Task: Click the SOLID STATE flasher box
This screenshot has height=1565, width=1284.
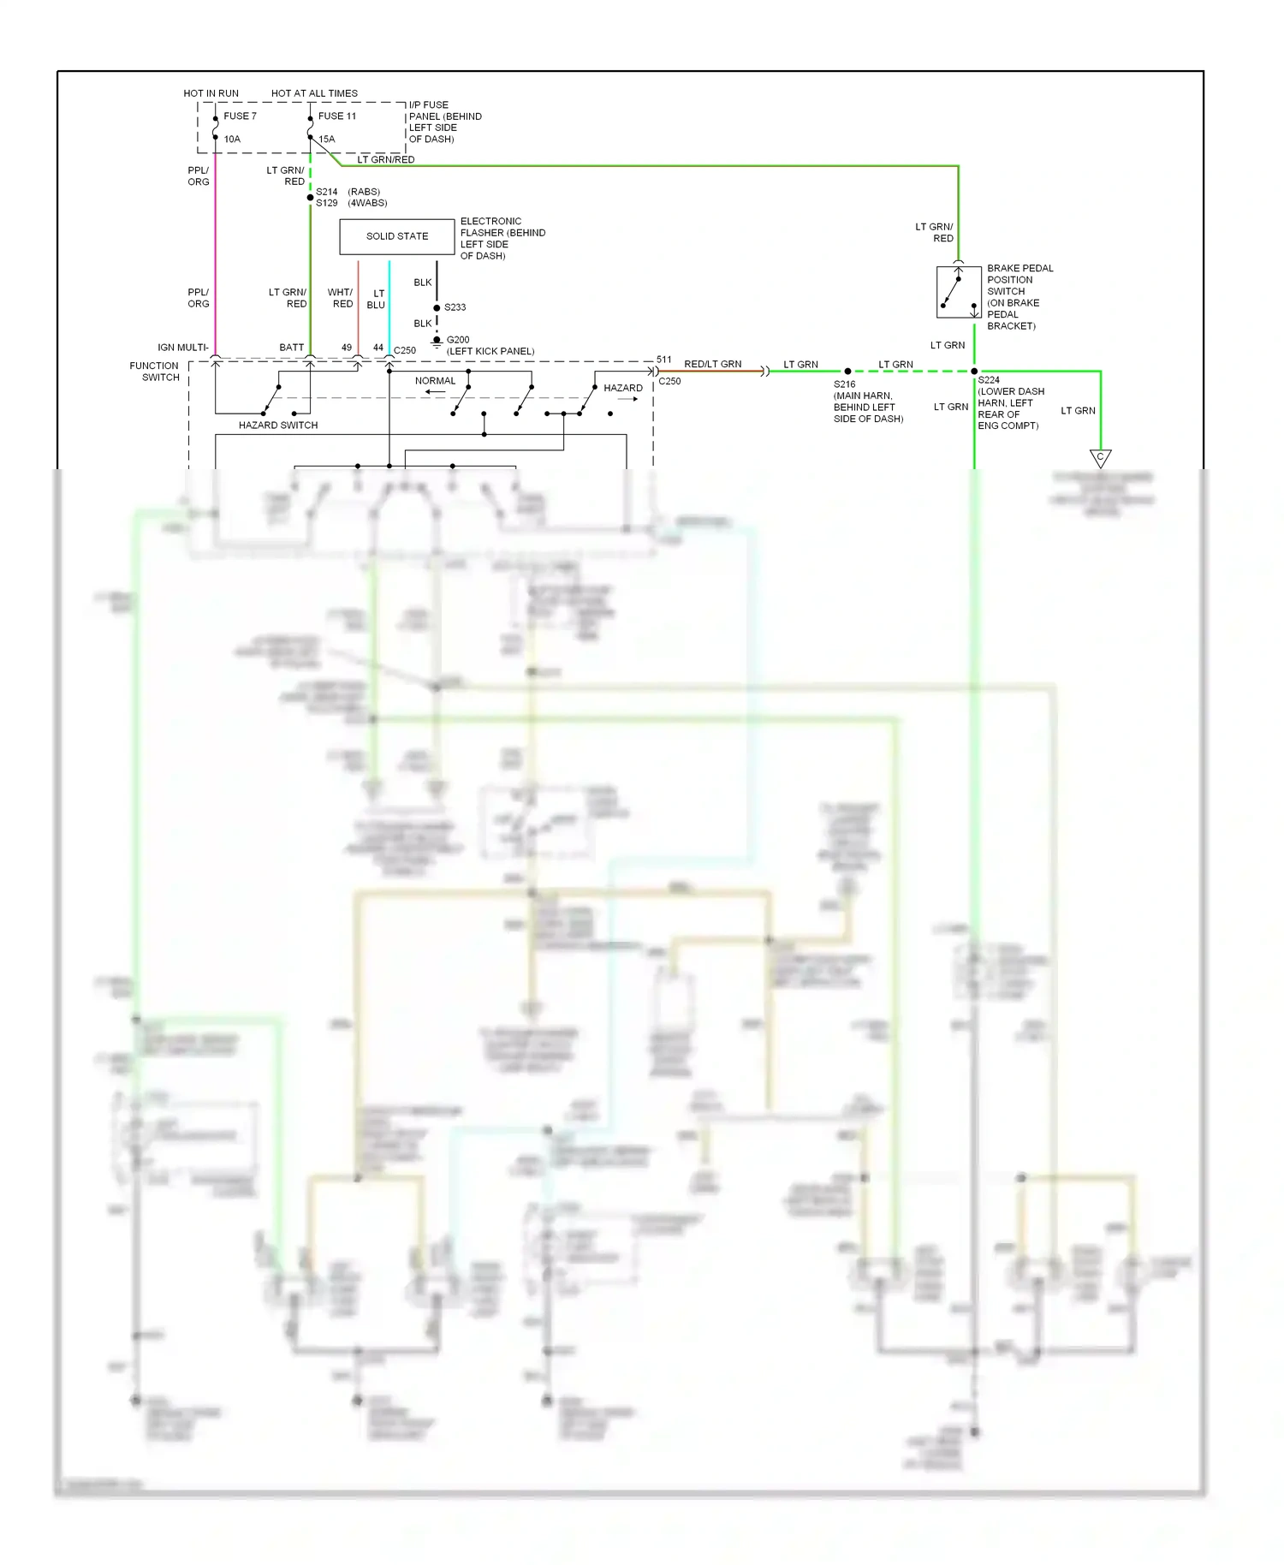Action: pos(397,236)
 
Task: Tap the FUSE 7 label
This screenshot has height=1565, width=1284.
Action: pos(240,116)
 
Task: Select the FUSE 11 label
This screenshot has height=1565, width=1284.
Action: pos(336,116)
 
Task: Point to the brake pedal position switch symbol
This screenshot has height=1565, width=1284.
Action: pos(958,293)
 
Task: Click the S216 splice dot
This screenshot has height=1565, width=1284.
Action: pos(847,372)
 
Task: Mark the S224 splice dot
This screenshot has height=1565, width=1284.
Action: pos(974,372)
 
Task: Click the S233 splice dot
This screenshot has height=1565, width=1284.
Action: pos(437,307)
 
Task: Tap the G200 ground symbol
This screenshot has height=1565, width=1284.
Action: pos(437,342)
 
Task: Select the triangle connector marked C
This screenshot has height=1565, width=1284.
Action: pos(1100,458)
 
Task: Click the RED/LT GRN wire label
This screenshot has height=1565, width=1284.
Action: pos(712,364)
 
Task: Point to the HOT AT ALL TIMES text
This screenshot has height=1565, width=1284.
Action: pos(314,93)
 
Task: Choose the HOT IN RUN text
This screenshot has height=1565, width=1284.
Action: pos(211,93)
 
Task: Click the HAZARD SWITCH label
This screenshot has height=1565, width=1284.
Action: pos(278,425)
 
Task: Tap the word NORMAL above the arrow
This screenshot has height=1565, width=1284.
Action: pos(435,381)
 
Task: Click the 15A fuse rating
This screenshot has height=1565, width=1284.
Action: pos(327,140)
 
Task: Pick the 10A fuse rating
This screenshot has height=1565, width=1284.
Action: pos(232,140)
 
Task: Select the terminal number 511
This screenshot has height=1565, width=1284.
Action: pos(663,360)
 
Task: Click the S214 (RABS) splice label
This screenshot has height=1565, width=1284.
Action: pos(348,192)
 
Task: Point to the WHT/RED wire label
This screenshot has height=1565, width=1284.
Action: pos(340,298)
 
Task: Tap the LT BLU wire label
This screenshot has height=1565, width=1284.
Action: pos(377,299)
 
